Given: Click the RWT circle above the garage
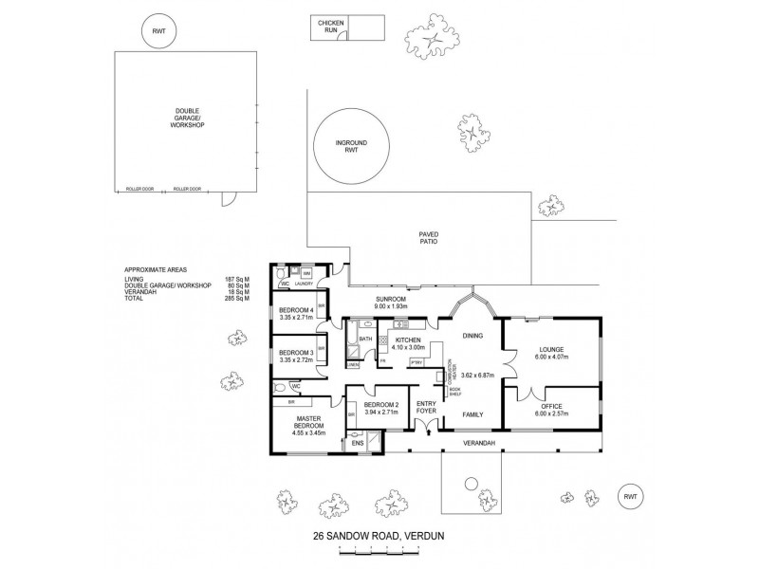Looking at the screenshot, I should coord(157,31).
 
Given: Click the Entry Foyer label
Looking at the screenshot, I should coord(425,407).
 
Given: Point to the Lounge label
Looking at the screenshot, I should coord(551,349).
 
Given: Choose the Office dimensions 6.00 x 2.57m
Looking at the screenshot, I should coord(551,413).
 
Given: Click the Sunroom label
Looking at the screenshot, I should coord(391,300).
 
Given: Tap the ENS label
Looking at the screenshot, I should coord(358,442).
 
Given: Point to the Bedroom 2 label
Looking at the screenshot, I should coord(381,406).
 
